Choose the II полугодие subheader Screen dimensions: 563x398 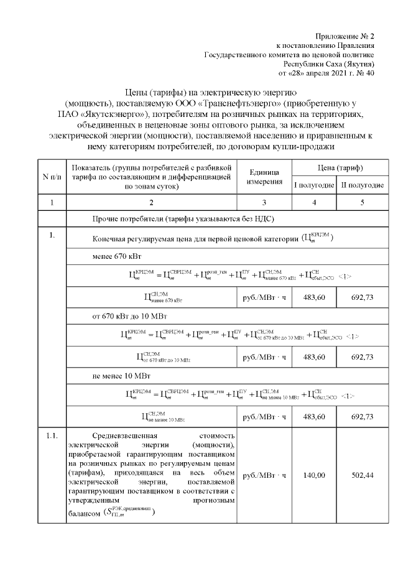pos(362,185)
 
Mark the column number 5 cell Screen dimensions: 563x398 pos(362,202)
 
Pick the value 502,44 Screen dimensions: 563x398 pos(362,475)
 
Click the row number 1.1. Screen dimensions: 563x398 pos(52,435)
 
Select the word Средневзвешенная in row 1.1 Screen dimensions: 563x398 pos(125,435)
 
